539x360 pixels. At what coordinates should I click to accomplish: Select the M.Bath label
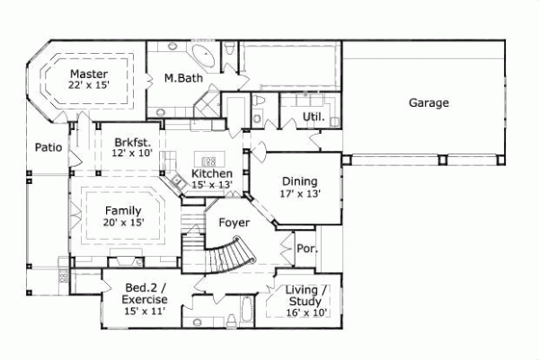182,79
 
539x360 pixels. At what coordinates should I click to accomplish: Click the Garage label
429,102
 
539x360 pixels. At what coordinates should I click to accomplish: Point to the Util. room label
313,117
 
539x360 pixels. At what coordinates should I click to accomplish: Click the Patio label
48,147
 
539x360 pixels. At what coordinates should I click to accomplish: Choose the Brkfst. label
132,142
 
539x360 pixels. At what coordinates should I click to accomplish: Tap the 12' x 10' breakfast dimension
132,154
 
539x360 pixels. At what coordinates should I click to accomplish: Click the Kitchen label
212,173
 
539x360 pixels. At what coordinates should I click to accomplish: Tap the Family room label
122,210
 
